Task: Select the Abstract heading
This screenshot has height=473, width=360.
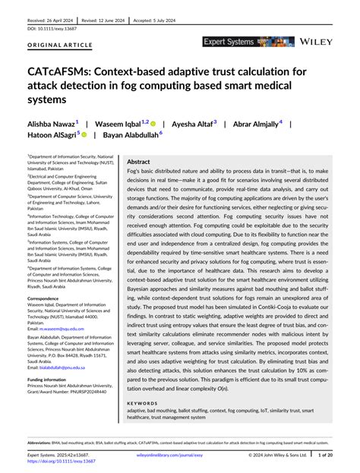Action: (x=138, y=162)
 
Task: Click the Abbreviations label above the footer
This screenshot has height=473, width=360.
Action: (x=39, y=443)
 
